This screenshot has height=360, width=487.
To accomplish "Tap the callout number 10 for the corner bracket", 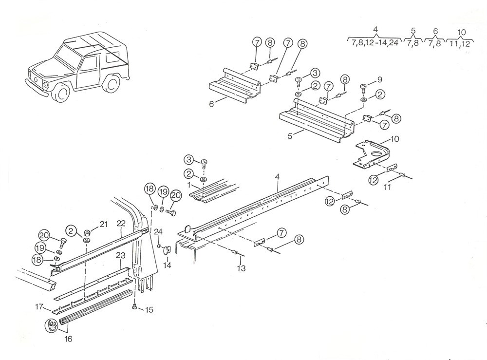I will click(394, 139).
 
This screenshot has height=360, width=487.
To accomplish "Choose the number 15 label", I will click(149, 309).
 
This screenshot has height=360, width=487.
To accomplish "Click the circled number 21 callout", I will click(103, 224).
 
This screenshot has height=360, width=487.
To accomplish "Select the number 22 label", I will click(121, 223).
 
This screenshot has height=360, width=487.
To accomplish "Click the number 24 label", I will click(158, 232).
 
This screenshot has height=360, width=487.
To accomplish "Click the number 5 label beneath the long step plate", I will click(290, 136).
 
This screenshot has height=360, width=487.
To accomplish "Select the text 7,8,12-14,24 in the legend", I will click(375, 43).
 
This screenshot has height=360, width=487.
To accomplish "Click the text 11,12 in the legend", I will click(460, 43).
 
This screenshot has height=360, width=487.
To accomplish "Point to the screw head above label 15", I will click(133, 307).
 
